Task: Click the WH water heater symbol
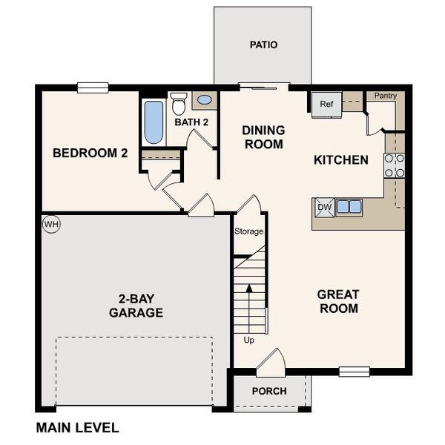pyautogui.click(x=50, y=223)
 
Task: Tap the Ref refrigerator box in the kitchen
pyautogui.click(x=326, y=105)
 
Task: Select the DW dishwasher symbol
pyautogui.click(x=323, y=208)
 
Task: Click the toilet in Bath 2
pyautogui.click(x=178, y=105)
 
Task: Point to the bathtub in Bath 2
pyautogui.click(x=154, y=122)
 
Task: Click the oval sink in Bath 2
pyautogui.click(x=204, y=99)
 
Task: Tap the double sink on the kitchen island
pyautogui.click(x=349, y=208)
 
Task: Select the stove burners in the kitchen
pyautogui.click(x=394, y=165)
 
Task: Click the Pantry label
pyautogui.click(x=385, y=96)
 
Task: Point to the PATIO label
pyautogui.click(x=263, y=45)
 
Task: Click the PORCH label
pyautogui.click(x=269, y=392)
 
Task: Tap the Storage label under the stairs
pyautogui.click(x=249, y=231)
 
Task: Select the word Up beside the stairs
pyautogui.click(x=248, y=340)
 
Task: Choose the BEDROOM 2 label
pyautogui.click(x=90, y=154)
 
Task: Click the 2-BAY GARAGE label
pyautogui.click(x=136, y=306)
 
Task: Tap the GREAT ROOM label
pyautogui.click(x=337, y=301)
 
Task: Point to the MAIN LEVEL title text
pyautogui.click(x=77, y=428)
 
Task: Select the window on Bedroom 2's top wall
pyautogui.click(x=93, y=88)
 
